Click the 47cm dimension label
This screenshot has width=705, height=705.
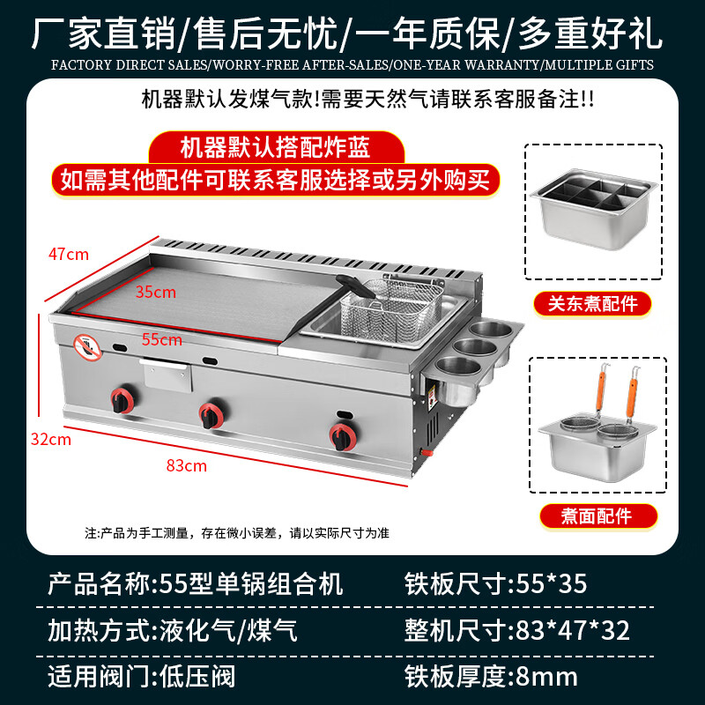tap(68, 255)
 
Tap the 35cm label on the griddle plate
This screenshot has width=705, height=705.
tap(156, 292)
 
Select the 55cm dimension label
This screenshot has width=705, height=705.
tap(162, 339)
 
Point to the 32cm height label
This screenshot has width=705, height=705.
tap(50, 440)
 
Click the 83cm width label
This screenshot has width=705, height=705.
tap(186, 465)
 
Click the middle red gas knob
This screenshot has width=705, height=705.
tap(211, 412)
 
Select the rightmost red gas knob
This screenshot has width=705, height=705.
tap(341, 434)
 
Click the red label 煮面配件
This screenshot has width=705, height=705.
tap(597, 516)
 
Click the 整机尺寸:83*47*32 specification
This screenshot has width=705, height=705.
tap(516, 630)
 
